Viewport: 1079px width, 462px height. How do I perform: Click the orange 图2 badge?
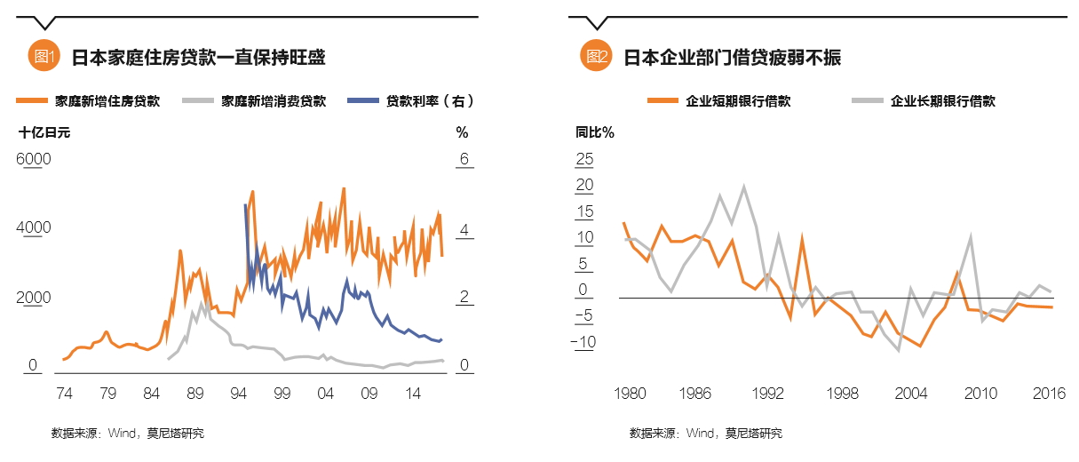(x=596, y=57)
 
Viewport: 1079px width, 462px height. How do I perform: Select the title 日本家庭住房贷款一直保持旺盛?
(x=198, y=58)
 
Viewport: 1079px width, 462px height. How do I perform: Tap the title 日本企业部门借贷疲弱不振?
(x=732, y=58)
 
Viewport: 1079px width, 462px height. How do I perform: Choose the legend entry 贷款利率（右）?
(x=428, y=101)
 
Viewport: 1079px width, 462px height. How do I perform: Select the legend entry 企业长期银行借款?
(x=942, y=101)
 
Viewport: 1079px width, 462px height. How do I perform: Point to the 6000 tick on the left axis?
(x=35, y=159)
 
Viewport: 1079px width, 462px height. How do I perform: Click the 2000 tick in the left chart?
(x=35, y=298)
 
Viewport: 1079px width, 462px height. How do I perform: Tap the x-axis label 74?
(x=64, y=393)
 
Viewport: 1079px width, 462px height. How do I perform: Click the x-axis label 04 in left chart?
(x=326, y=393)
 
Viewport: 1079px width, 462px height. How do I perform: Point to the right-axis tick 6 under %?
(x=463, y=159)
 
